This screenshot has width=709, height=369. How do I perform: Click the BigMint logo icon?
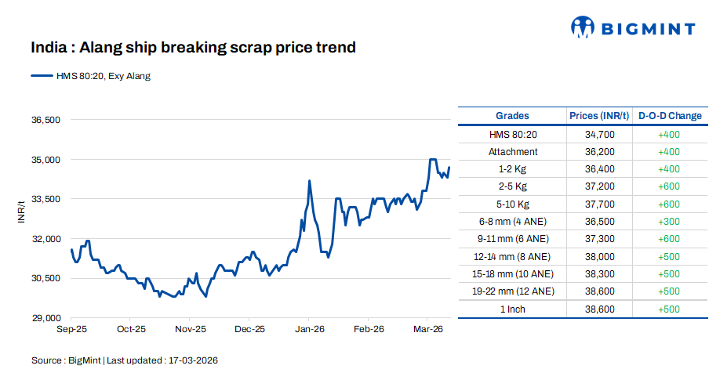click(582, 27)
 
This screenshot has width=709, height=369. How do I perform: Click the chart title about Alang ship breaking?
click(193, 48)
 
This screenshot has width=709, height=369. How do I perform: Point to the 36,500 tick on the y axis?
click(45, 121)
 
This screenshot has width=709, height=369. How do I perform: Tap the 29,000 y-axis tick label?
click(45, 318)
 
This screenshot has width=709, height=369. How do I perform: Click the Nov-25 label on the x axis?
click(190, 331)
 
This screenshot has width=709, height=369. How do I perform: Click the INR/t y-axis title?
click(21, 212)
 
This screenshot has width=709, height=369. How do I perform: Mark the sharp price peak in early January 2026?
click(309, 181)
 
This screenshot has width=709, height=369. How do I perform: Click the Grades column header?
click(512, 116)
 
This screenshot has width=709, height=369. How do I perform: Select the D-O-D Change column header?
click(670, 116)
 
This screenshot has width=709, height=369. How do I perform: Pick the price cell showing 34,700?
click(599, 135)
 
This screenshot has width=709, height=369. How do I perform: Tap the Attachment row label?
click(513, 152)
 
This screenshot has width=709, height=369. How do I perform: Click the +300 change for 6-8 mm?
click(669, 222)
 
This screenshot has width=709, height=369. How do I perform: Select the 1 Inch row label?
click(513, 309)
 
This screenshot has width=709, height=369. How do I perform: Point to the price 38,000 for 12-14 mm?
click(599, 256)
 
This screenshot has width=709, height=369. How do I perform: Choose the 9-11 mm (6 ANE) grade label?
click(513, 239)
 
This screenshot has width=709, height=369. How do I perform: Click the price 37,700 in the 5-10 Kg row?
click(599, 204)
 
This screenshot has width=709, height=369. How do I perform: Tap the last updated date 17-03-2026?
click(191, 360)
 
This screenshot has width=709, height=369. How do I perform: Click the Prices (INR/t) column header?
click(599, 116)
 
